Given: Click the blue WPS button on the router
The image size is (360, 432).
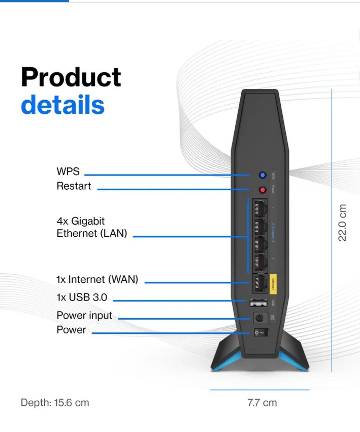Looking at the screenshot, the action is tap(262, 175).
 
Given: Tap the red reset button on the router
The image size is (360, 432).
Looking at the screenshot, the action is tap(262, 190).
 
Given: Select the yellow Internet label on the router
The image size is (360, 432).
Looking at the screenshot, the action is tap(273, 284).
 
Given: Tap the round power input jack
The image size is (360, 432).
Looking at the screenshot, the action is tap(259, 317).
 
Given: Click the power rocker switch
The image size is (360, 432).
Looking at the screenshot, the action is tap(261, 333).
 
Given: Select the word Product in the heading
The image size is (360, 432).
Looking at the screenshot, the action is tap(71, 77).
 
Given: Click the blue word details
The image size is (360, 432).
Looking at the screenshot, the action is tap(63, 105).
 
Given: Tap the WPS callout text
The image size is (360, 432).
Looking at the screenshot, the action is tap(68, 171).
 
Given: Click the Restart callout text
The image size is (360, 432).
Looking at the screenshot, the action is tap(74, 186).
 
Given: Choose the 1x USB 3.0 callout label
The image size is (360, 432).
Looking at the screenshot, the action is tap(82, 297).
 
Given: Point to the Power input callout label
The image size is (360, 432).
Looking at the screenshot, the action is tap(84, 315).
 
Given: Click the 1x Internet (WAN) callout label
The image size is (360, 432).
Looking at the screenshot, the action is tap(97, 279).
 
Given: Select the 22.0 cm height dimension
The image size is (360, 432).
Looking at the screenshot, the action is tap(342, 223).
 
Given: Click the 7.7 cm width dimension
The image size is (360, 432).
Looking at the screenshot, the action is tap(262, 402).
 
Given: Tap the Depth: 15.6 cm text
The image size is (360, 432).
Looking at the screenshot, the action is tap(55, 402).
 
